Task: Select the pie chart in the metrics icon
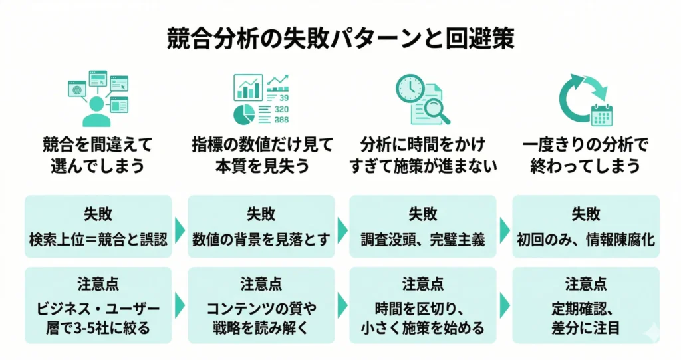pyautogui.click(x=244, y=114)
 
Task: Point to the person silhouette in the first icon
pyautogui.click(x=96, y=111)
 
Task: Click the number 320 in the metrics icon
pyautogui.click(x=281, y=109)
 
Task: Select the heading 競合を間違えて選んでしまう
pyautogui.click(x=98, y=154)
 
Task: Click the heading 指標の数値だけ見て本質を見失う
pyautogui.click(x=261, y=154)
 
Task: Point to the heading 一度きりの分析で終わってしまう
pyautogui.click(x=585, y=154)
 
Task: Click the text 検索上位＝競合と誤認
pyautogui.click(x=98, y=239)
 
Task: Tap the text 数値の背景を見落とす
pyautogui.click(x=261, y=239)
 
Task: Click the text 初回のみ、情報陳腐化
pyautogui.click(x=585, y=239)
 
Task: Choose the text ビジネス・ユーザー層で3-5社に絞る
pyautogui.click(x=98, y=318)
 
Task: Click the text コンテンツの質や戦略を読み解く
pyautogui.click(x=261, y=318)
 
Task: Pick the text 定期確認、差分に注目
pyautogui.click(x=585, y=318)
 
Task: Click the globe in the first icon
pyautogui.click(x=76, y=89)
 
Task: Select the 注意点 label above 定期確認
pyautogui.click(x=585, y=284)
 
